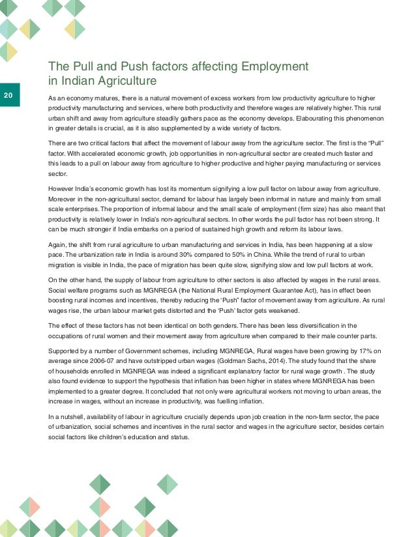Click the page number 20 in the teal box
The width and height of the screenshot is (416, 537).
8,96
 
